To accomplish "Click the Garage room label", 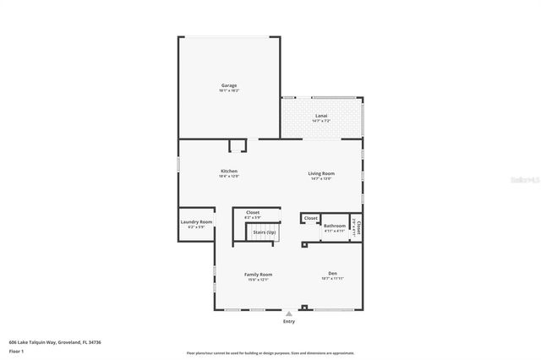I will (228, 85).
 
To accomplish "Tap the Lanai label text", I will (321, 116).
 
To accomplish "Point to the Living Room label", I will (320, 173).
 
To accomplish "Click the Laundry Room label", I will (196, 222).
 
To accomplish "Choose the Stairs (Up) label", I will (265, 232).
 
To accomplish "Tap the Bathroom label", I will (335, 225).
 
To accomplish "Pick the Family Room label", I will (258, 275).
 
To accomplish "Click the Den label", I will (333, 274).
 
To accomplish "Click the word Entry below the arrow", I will (289, 321).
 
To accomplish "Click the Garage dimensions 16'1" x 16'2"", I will (228, 90).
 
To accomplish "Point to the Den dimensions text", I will (333, 279).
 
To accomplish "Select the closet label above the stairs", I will (252, 212).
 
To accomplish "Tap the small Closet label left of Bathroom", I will (310, 218).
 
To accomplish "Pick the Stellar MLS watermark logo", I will (517, 180).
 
